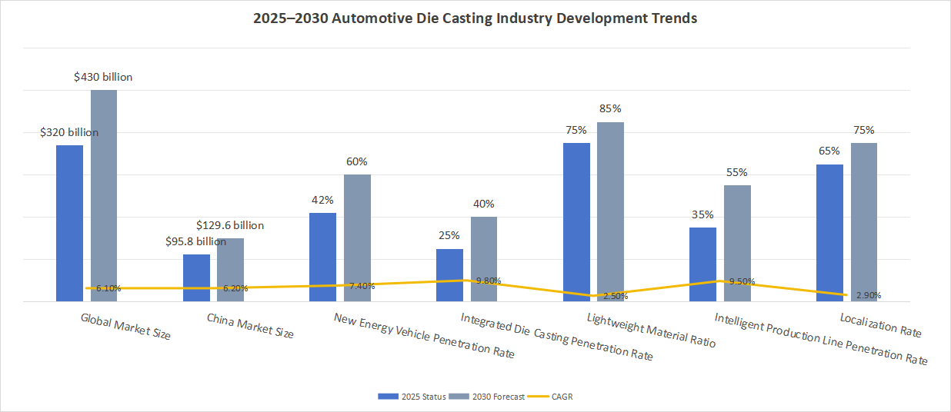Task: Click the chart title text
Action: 475,18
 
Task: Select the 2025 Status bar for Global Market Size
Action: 69,223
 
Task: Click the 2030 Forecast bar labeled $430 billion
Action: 104,195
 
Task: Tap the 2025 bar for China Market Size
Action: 196,277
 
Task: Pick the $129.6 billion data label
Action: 230,225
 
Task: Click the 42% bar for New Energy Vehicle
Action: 322,257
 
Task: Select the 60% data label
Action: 357,161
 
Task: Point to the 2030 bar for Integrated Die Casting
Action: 484,259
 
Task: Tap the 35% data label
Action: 702,214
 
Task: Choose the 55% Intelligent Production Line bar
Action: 737,243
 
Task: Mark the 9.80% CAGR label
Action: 489,281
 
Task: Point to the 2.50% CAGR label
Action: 616,295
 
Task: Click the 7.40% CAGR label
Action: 362,286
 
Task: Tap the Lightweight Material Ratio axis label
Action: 651,331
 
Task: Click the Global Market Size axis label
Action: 125,326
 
